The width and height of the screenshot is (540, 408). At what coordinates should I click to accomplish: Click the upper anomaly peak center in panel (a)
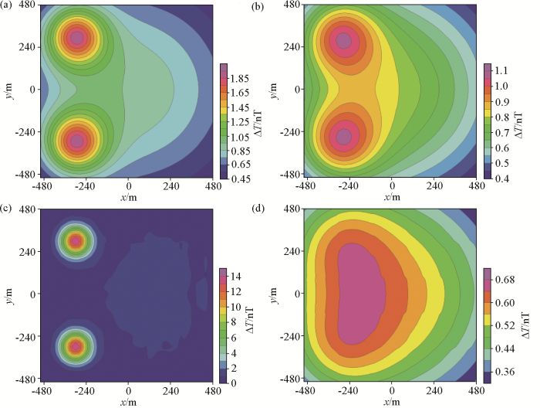tap(76, 38)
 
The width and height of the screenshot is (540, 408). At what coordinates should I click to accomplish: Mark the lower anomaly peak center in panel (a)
tap(76, 141)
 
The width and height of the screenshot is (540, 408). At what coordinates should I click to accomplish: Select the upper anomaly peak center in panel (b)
tap(343, 40)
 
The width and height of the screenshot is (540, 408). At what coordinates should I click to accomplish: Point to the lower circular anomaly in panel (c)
tap(76, 346)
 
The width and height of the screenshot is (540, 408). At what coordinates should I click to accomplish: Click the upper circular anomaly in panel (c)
tap(76, 241)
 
